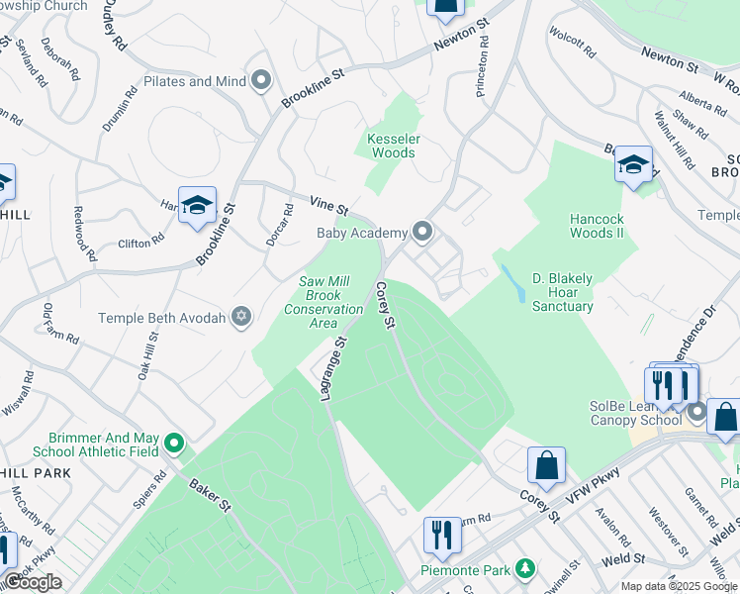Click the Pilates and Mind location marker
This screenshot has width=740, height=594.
point(261,81)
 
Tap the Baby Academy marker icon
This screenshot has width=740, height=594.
point(423,233)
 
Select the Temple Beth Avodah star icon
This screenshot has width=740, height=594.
point(239,318)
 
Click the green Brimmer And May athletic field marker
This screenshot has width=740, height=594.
point(175,443)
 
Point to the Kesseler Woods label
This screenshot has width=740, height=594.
point(392,147)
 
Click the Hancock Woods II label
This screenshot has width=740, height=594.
point(597,226)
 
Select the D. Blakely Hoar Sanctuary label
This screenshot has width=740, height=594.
point(562,293)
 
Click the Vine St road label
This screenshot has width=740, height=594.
point(329,209)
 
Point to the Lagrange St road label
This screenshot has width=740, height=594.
point(328,369)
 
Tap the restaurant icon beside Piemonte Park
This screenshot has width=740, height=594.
point(442,536)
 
